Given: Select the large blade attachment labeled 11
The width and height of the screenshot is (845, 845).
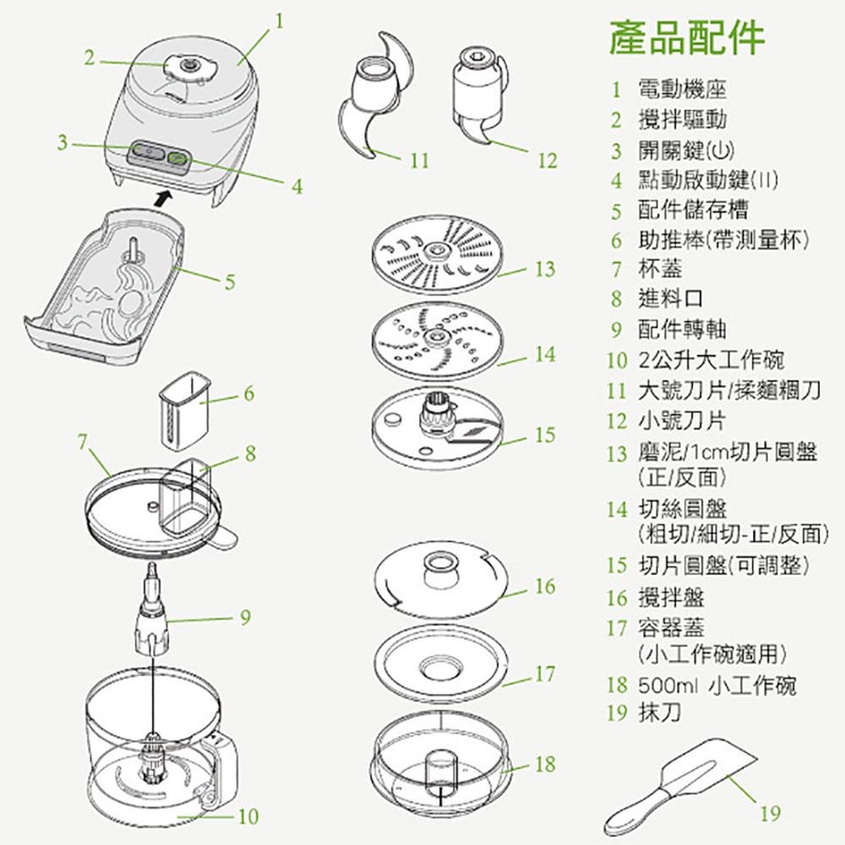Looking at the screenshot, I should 372,97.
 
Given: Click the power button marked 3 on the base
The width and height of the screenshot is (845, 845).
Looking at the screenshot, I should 145,154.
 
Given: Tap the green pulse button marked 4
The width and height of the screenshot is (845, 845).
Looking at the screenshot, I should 178,157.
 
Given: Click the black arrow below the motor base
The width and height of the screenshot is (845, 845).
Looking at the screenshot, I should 164,197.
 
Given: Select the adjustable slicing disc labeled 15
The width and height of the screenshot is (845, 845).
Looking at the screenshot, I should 434,425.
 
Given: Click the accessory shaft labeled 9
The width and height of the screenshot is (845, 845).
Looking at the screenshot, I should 153,613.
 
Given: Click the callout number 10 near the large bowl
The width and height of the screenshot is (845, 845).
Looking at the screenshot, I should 248,815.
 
